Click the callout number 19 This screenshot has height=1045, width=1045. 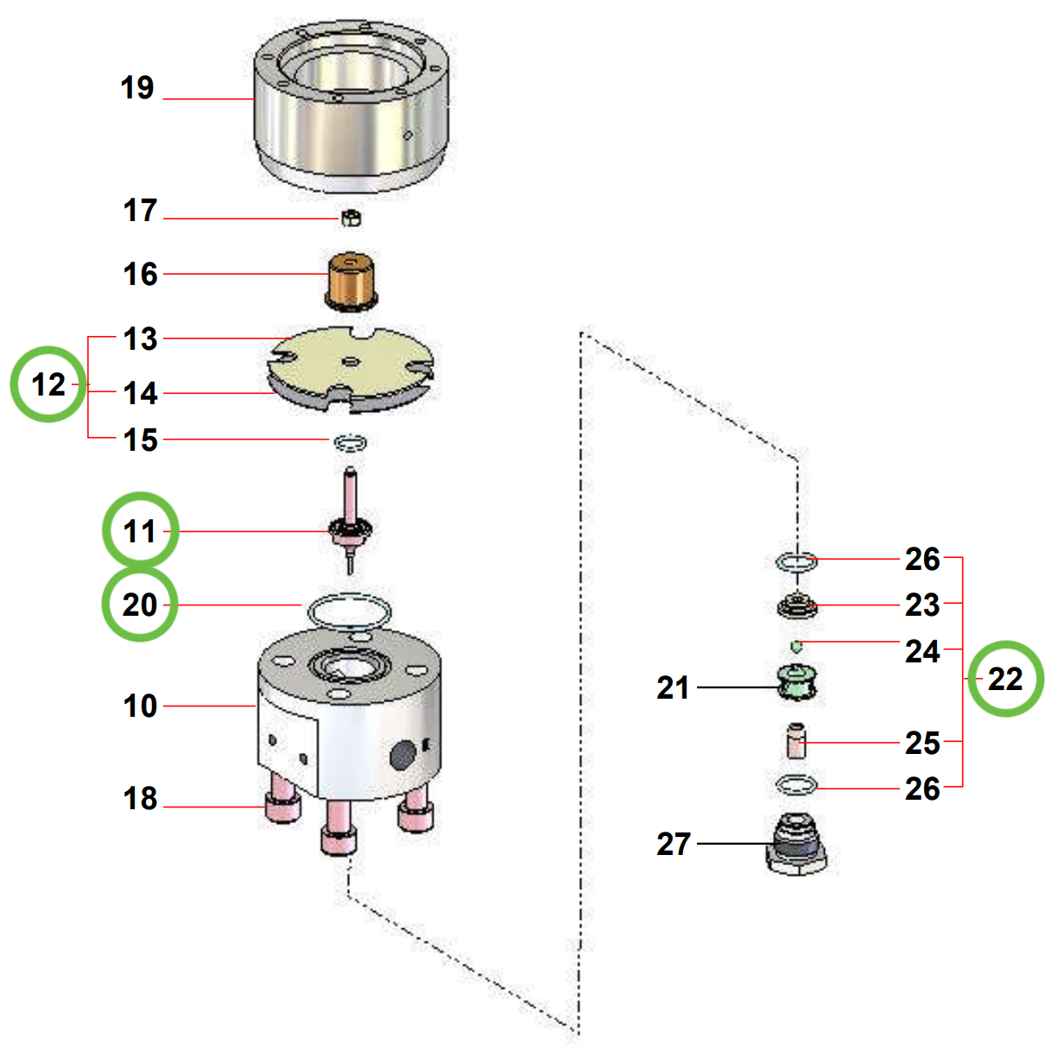pos(136,88)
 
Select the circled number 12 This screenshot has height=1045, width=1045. pos(48,384)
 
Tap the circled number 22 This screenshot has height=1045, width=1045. pos(1005,679)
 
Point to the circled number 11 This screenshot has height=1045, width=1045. pos(140,530)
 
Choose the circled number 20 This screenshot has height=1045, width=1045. pos(140,605)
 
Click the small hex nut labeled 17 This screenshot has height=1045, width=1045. pos(351,218)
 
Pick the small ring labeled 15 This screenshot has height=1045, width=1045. pos(350,442)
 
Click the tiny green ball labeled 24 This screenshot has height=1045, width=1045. pos(796,646)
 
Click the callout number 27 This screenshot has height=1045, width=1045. pos(673,844)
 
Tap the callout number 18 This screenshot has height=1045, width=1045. pos(140,799)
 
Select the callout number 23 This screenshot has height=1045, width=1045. pos(921,605)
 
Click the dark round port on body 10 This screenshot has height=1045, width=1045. pos(402,756)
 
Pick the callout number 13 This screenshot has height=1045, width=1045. pos(140,339)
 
